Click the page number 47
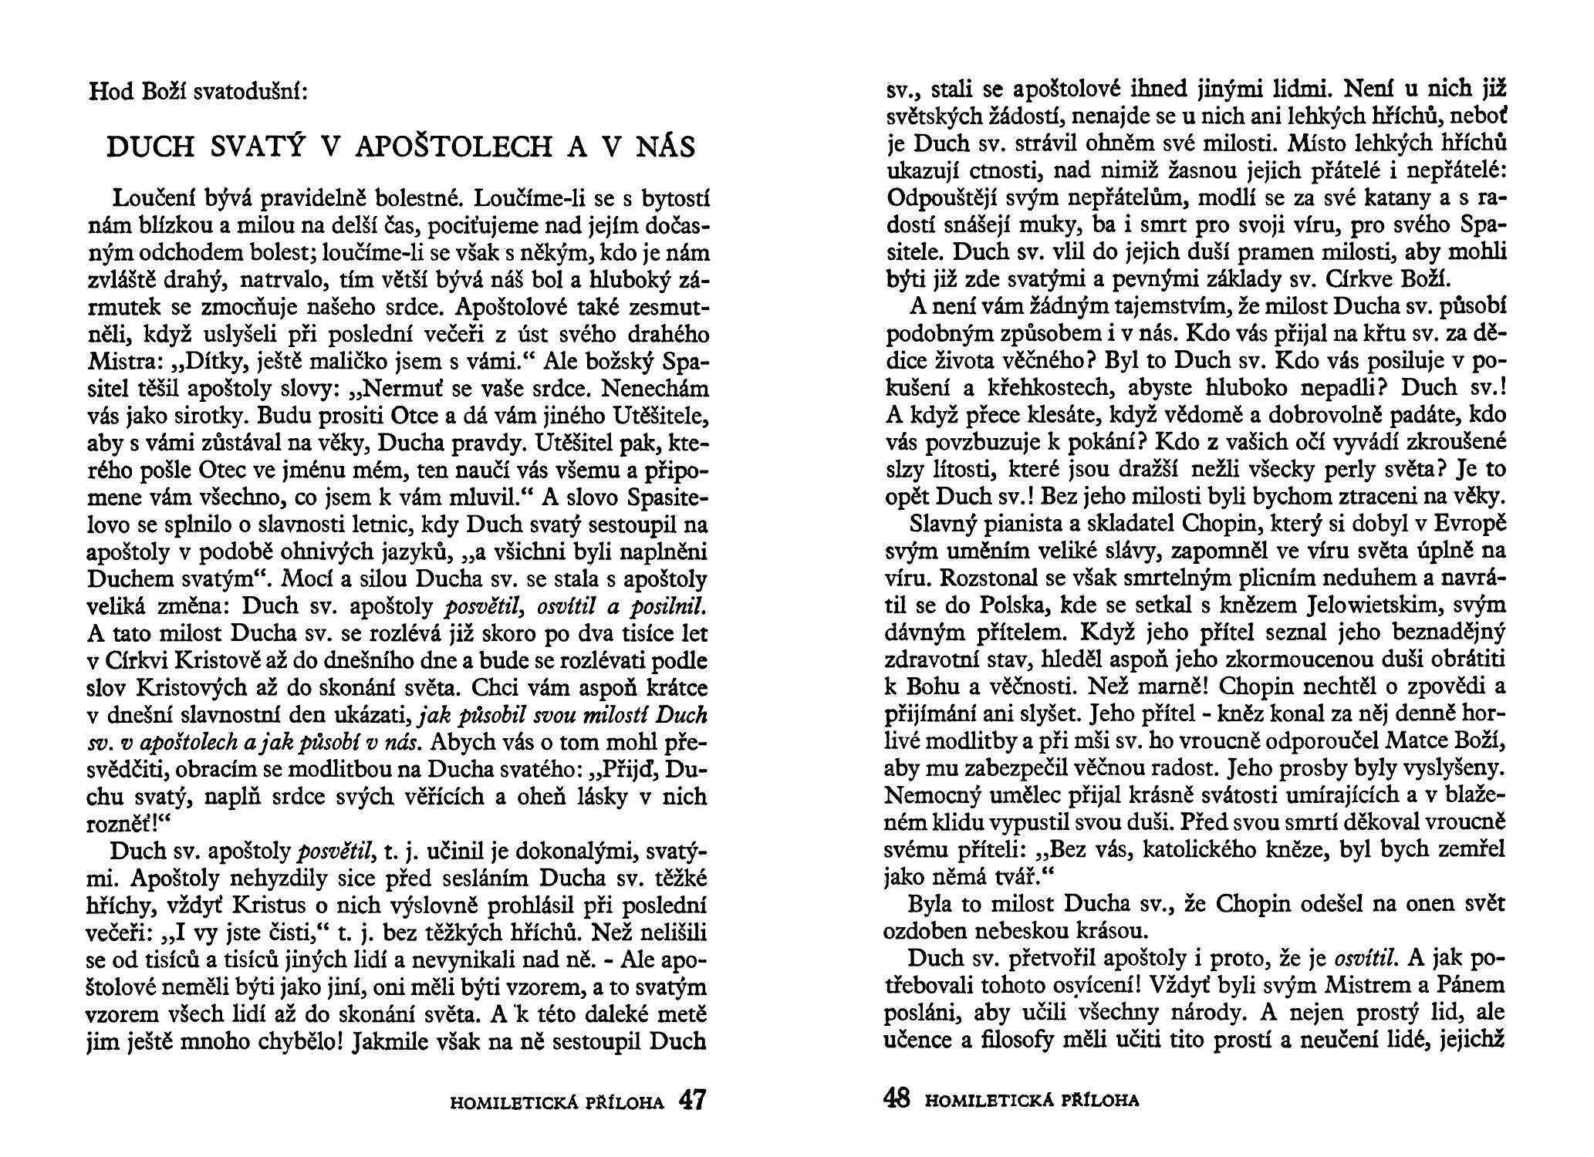pos(691,1099)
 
